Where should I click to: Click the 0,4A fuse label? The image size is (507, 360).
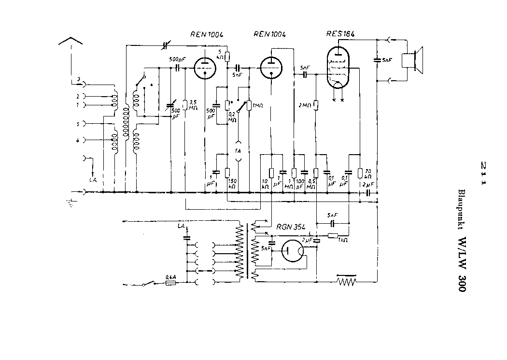[170, 277]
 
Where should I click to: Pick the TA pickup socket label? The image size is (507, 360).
[238, 150]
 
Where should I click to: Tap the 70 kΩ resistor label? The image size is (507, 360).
[368, 174]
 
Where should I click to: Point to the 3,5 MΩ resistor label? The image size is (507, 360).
[193, 105]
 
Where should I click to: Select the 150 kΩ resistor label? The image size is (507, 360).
[232, 183]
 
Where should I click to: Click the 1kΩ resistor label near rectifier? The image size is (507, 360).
[342, 240]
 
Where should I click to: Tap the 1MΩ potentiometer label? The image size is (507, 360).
[258, 105]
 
